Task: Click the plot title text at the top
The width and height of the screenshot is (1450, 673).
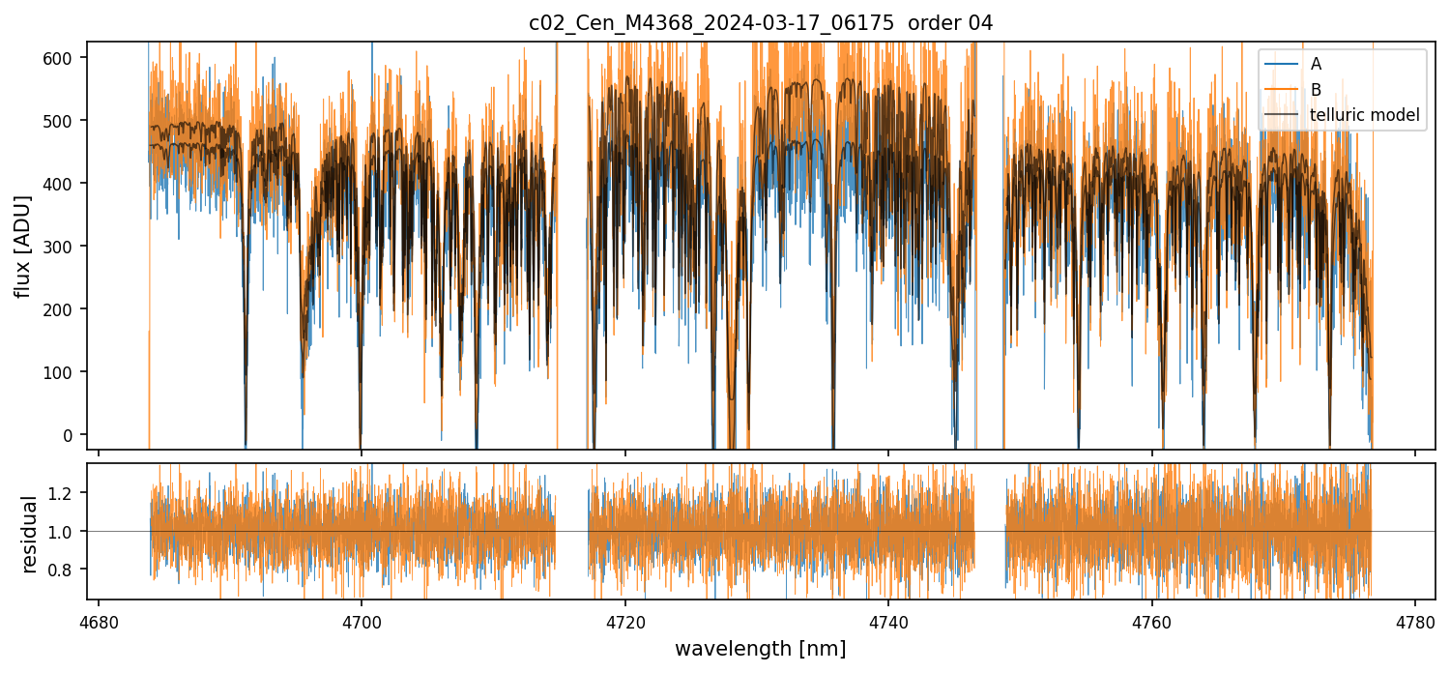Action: point(761,23)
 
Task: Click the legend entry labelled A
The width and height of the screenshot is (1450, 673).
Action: point(1316,65)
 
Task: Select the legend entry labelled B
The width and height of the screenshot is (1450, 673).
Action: point(1316,90)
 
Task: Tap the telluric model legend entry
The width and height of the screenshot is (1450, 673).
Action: point(1364,115)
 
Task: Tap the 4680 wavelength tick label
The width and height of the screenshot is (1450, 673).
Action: point(98,623)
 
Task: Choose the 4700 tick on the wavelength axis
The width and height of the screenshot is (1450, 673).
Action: point(361,623)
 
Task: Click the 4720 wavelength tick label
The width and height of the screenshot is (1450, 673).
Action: point(624,623)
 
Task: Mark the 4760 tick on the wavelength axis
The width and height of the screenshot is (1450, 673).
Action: point(1152,623)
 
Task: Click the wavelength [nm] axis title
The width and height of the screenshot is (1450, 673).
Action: point(761,648)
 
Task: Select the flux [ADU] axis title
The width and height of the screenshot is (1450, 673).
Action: point(22,246)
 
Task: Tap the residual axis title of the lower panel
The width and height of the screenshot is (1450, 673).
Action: point(30,534)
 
